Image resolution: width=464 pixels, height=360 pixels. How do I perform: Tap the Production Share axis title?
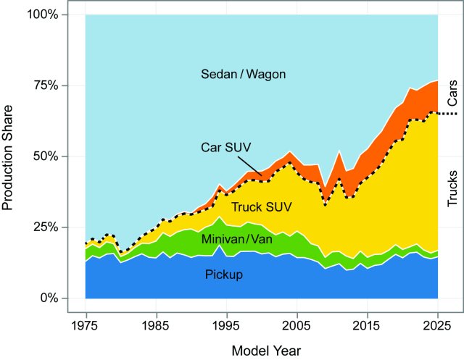click(x=9, y=156)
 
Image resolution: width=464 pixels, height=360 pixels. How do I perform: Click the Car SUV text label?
click(x=225, y=147)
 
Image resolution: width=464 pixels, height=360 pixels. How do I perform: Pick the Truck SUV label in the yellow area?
click(x=260, y=207)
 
